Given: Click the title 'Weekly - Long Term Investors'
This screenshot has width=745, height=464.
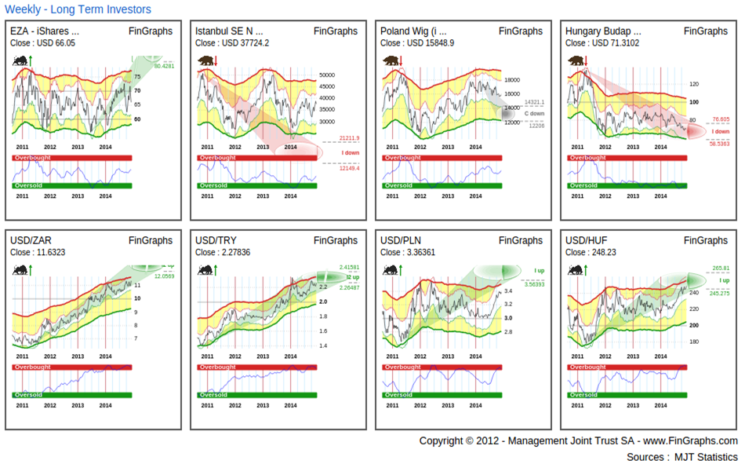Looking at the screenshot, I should [x=78, y=9].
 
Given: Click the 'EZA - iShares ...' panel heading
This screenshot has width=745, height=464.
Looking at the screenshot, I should [x=45, y=31].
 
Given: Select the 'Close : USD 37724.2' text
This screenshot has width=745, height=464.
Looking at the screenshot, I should [x=232, y=43].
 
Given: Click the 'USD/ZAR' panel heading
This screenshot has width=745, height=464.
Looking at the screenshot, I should [x=30, y=240].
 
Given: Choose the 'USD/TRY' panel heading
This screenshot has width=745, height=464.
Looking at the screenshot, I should [x=215, y=240].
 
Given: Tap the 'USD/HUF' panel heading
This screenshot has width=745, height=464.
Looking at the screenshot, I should [x=585, y=240].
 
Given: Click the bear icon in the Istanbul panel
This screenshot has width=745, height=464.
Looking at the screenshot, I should [x=205, y=60].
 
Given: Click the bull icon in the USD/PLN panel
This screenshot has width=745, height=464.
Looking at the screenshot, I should [x=390, y=269].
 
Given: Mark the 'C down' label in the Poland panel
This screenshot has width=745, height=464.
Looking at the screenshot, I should [x=534, y=114].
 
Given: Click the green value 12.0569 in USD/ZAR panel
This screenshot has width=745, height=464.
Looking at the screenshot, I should [x=164, y=276].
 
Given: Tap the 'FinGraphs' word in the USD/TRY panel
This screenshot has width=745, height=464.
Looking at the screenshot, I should [x=336, y=240].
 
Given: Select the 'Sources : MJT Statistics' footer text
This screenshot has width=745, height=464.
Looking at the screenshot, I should [x=681, y=457].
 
